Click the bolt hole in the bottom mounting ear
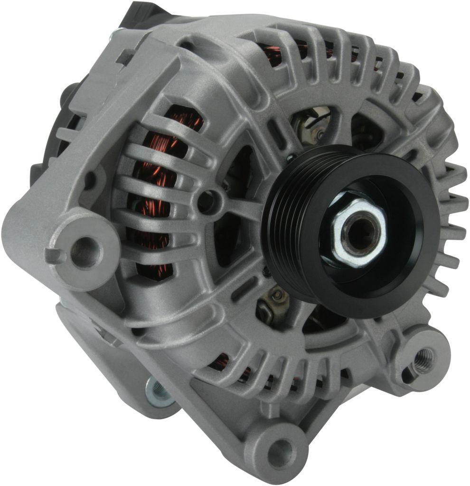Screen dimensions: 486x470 point(281,447)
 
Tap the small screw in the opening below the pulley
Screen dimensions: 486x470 point(277,296)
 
